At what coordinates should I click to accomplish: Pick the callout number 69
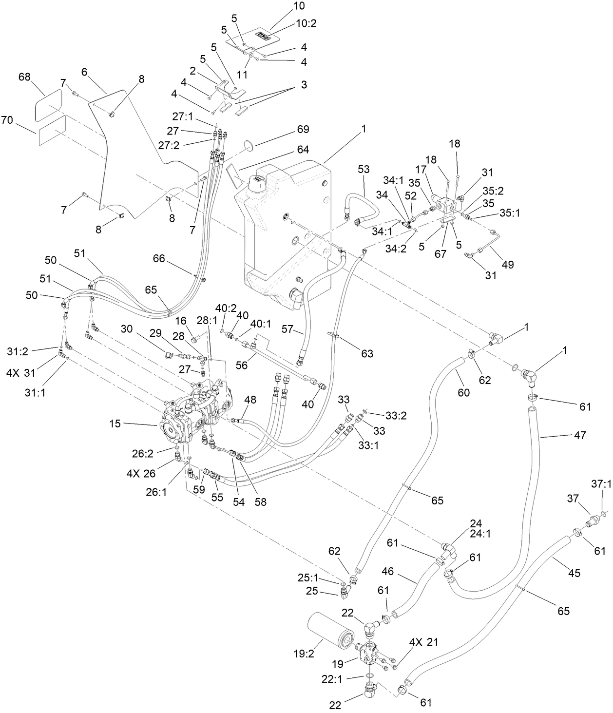(303, 129)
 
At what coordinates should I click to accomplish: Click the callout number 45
(575, 573)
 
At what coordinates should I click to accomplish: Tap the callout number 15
(115, 424)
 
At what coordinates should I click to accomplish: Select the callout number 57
(287, 330)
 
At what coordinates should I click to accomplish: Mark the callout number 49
(507, 265)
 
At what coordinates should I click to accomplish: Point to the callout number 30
(127, 329)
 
